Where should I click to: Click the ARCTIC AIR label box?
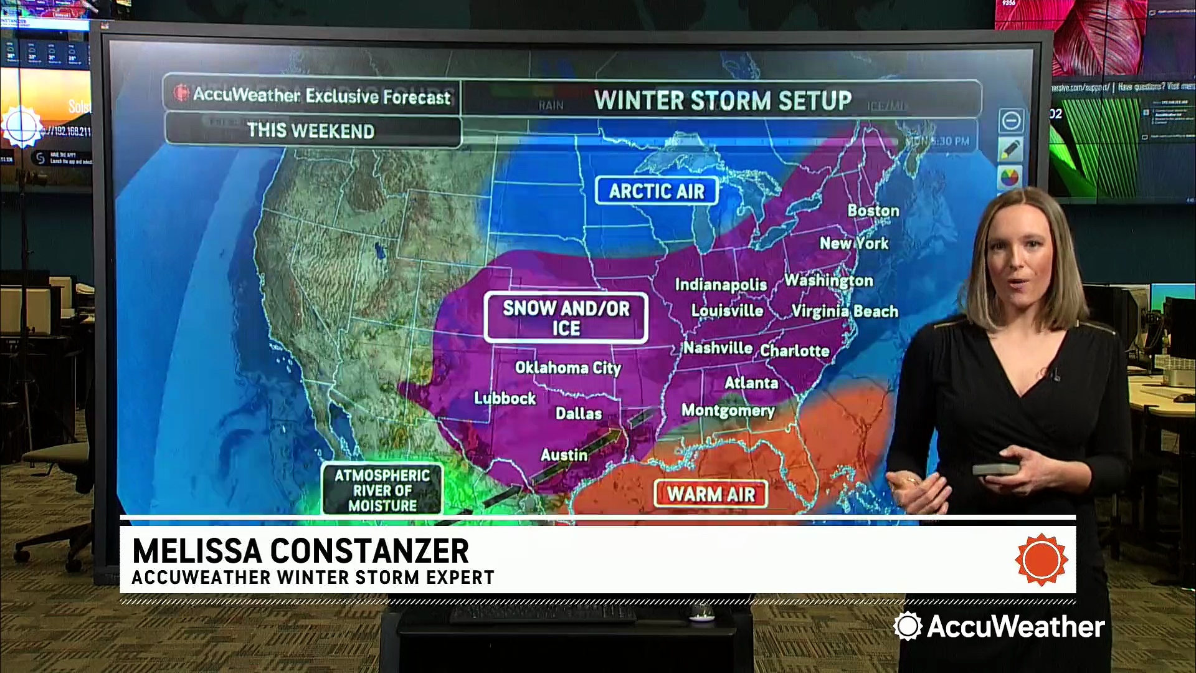pyautogui.click(x=657, y=191)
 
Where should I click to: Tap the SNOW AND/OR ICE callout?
pyautogui.click(x=566, y=318)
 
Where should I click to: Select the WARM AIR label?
pyautogui.click(x=711, y=494)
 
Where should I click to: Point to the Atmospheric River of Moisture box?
pyautogui.click(x=382, y=490)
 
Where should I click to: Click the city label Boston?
pyautogui.click(x=873, y=211)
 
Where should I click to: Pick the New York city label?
pyautogui.click(x=854, y=243)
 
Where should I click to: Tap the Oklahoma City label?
pyautogui.click(x=568, y=368)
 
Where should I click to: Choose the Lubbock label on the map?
pyautogui.click(x=505, y=398)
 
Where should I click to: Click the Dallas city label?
pyautogui.click(x=579, y=413)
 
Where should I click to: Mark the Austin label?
pyautogui.click(x=564, y=455)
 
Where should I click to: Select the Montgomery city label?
pyautogui.click(x=728, y=410)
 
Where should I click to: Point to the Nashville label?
pyautogui.click(x=718, y=348)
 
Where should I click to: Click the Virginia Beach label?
pyautogui.click(x=845, y=311)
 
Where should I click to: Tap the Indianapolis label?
pyautogui.click(x=721, y=285)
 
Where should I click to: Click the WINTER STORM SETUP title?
pyautogui.click(x=723, y=100)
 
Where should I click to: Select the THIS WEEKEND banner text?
pyautogui.click(x=311, y=131)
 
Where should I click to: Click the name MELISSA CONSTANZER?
pyautogui.click(x=300, y=551)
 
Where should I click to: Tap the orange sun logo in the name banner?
pyautogui.click(x=1041, y=559)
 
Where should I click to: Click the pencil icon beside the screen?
pyautogui.click(x=1010, y=150)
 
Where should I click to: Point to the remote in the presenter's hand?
pyautogui.click(x=995, y=469)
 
